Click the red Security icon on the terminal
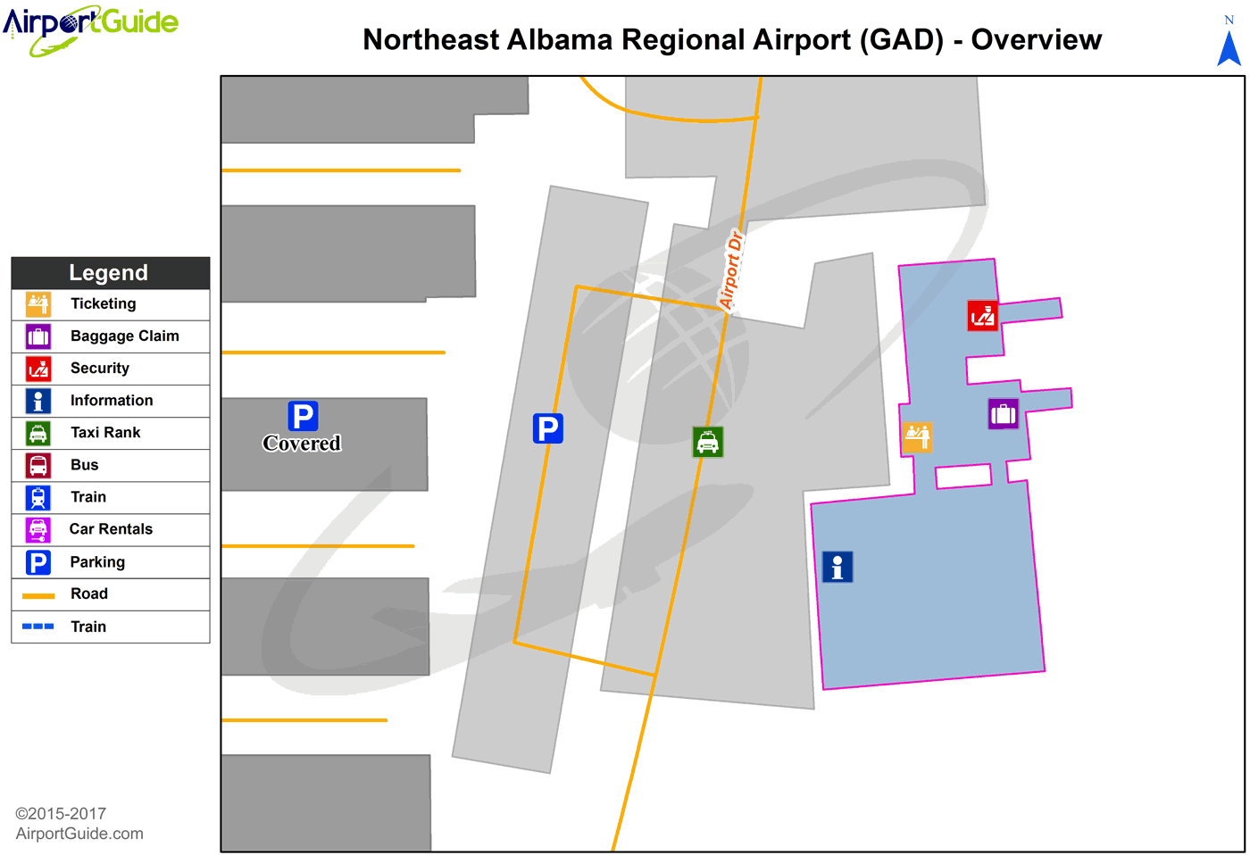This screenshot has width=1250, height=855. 982,316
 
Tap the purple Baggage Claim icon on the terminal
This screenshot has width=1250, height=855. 1003,414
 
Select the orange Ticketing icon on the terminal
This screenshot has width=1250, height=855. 917,436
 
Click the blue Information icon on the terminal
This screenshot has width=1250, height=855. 837,567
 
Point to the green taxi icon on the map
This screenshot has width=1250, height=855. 708,442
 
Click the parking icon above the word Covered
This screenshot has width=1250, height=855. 303,416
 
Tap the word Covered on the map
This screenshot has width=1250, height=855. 302,444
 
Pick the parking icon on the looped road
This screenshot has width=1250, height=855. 547,428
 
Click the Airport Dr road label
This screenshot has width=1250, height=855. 731,270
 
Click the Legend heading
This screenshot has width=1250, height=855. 109,273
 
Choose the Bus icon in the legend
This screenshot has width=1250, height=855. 38,465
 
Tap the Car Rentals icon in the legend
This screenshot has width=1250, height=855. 38,529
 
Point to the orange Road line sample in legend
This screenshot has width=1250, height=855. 38,594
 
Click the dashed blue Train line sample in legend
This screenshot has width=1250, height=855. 38,627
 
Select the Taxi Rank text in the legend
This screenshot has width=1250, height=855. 105,433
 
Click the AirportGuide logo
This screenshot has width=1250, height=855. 90,29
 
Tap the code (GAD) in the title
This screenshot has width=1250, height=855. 901,40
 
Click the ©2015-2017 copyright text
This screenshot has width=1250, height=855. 61,814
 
